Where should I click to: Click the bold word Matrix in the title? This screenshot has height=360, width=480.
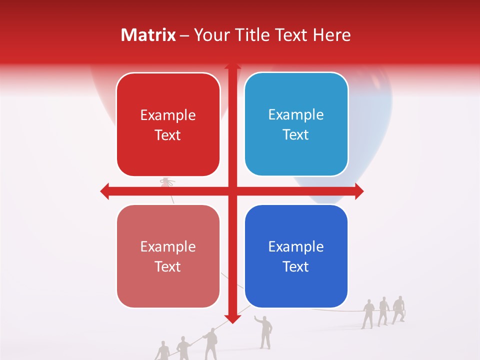pyautogui.click(x=148, y=35)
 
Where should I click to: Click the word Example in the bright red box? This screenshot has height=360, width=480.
pyautogui.click(x=168, y=115)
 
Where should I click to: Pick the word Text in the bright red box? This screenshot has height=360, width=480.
pyautogui.click(x=168, y=135)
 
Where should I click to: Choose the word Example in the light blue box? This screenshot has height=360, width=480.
pyautogui.click(x=296, y=115)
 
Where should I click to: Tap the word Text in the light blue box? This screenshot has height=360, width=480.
pyautogui.click(x=296, y=135)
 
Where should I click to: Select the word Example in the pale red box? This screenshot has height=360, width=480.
pyautogui.click(x=168, y=247)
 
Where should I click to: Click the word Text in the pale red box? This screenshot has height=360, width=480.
pyautogui.click(x=168, y=267)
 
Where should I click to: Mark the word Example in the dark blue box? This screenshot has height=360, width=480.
pyautogui.click(x=296, y=247)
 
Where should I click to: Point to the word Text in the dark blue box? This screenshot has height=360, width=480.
pyautogui.click(x=296, y=267)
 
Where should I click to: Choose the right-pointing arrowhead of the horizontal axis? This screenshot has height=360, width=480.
pyautogui.click(x=359, y=191)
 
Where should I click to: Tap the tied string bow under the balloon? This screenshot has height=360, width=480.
pyautogui.click(x=166, y=182)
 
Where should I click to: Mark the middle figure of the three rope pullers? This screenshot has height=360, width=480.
pyautogui.click(x=383, y=311)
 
